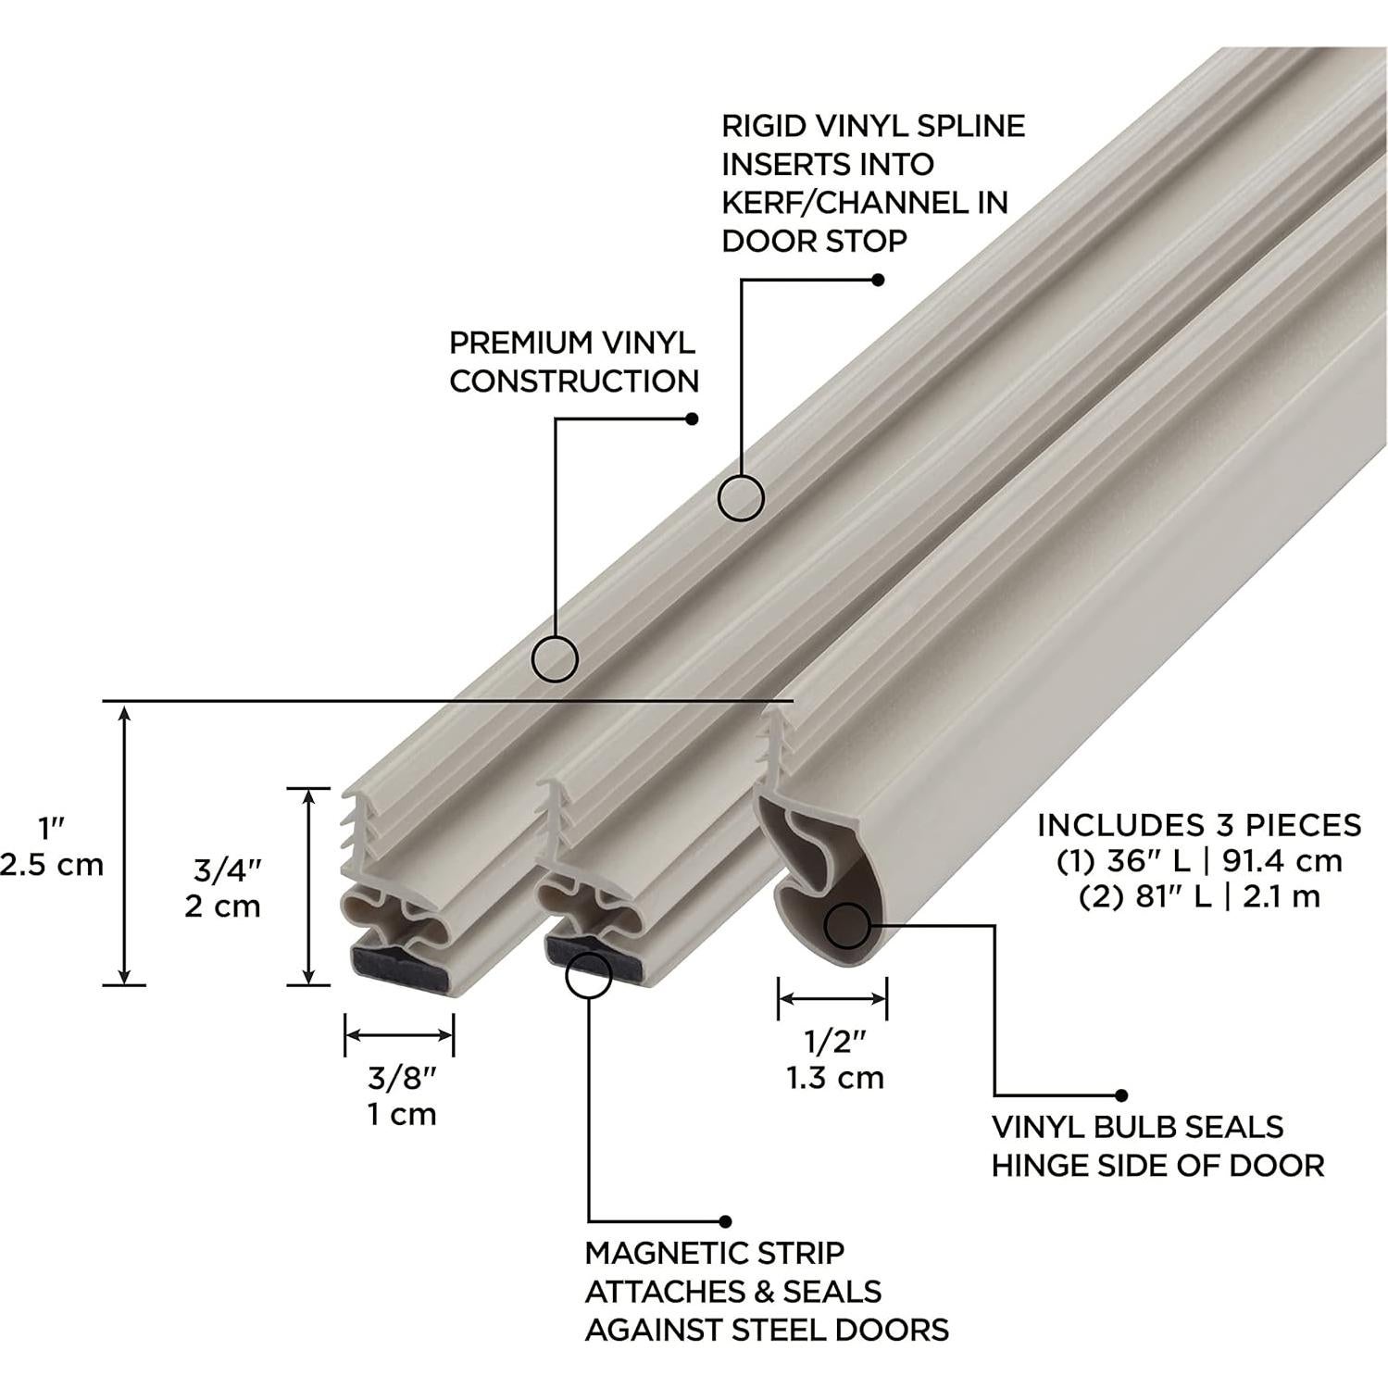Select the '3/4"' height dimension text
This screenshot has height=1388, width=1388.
click(x=227, y=869)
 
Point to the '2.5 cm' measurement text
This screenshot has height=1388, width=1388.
click(x=52, y=864)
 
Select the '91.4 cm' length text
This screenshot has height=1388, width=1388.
click(x=1282, y=860)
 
